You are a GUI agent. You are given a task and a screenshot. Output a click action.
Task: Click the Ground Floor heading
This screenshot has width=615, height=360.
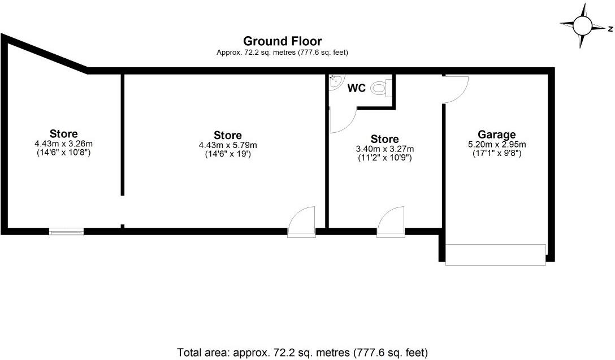coord(282,41)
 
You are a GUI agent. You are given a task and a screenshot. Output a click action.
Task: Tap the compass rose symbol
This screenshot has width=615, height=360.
coord(582,25)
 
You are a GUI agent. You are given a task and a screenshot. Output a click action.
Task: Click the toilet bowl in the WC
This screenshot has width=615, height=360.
coord(381,88)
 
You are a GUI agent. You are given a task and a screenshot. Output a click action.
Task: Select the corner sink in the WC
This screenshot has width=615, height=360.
coord(335,81)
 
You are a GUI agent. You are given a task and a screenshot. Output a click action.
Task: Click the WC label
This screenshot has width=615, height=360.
coord(356,89)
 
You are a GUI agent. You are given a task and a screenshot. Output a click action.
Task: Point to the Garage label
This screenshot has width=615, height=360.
coord(497,135)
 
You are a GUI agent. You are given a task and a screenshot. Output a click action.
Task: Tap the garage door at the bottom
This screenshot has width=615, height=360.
coord(495,254)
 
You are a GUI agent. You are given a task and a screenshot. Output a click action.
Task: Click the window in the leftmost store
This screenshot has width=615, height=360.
coord(66,231)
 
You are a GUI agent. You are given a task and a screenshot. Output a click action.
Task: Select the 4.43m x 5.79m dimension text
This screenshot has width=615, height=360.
coord(228,145)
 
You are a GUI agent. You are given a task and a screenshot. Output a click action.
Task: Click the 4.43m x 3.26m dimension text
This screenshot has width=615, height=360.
coord(63,144)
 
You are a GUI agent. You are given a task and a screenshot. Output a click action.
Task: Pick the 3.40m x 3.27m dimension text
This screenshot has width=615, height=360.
coord(384,149)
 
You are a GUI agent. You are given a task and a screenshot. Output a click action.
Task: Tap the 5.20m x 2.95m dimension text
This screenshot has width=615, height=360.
coord(497,144)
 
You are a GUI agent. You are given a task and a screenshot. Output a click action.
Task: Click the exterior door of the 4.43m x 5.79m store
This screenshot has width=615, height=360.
coord(301,222)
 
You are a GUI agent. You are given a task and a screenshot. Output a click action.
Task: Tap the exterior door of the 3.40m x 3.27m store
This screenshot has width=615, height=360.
coord(391,222)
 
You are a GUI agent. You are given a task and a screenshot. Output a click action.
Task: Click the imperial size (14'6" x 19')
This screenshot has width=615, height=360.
coord(228,154)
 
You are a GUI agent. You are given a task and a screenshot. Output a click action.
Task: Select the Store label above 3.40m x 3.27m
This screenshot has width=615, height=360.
coord(384,139)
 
